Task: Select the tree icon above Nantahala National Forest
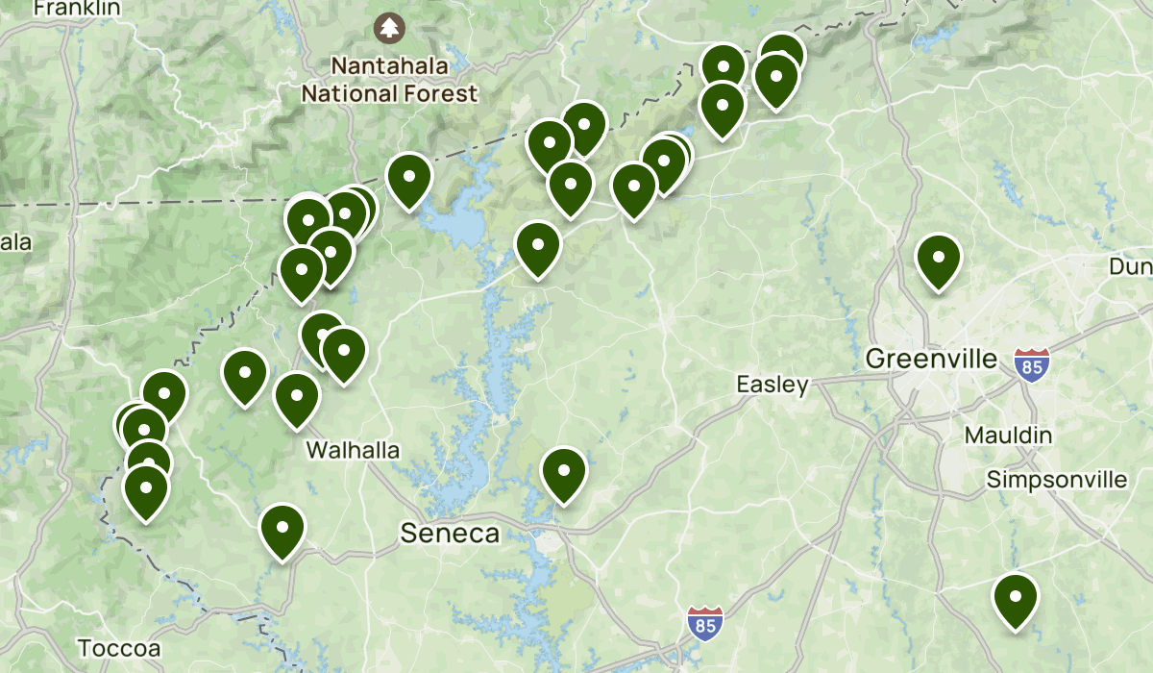[389, 27]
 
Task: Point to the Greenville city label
[931, 360]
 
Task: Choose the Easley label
[773, 385]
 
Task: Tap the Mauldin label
[1008, 436]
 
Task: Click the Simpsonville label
[1057, 479]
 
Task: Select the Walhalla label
[352, 450]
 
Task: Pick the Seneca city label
[450, 534]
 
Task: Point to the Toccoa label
[119, 647]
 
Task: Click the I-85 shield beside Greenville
[1032, 364]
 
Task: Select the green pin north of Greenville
[939, 261]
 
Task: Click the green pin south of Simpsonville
[1016, 599]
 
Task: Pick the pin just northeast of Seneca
[564, 474]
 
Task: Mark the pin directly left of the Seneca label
[282, 531]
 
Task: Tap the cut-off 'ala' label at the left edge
[15, 241]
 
